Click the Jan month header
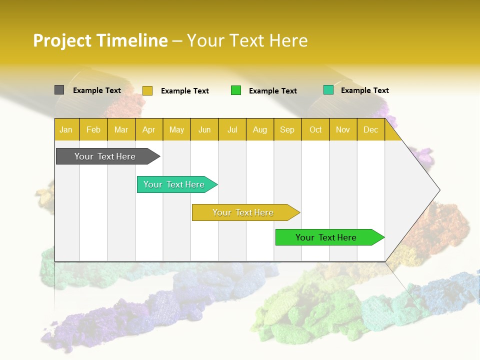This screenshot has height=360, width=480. pos(66,129)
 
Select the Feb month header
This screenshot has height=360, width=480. pos(93,129)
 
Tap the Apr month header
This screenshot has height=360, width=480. pos(149,129)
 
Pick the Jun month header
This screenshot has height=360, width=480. pos(204,129)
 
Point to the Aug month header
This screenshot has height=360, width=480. pos(260,129)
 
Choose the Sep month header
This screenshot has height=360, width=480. pos(287,129)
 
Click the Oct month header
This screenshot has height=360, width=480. pos(315,129)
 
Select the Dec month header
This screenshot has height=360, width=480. pos(371,129)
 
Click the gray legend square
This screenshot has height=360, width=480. pos(59,90)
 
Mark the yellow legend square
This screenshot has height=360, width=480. pos(147,90)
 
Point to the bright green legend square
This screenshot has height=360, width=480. pos(236,90)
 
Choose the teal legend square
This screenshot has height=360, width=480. pos(328,90)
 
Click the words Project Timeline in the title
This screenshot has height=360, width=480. pos(100,40)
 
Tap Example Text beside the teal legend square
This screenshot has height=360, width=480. pos(365,90)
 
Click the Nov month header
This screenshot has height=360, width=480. pos(343,129)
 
